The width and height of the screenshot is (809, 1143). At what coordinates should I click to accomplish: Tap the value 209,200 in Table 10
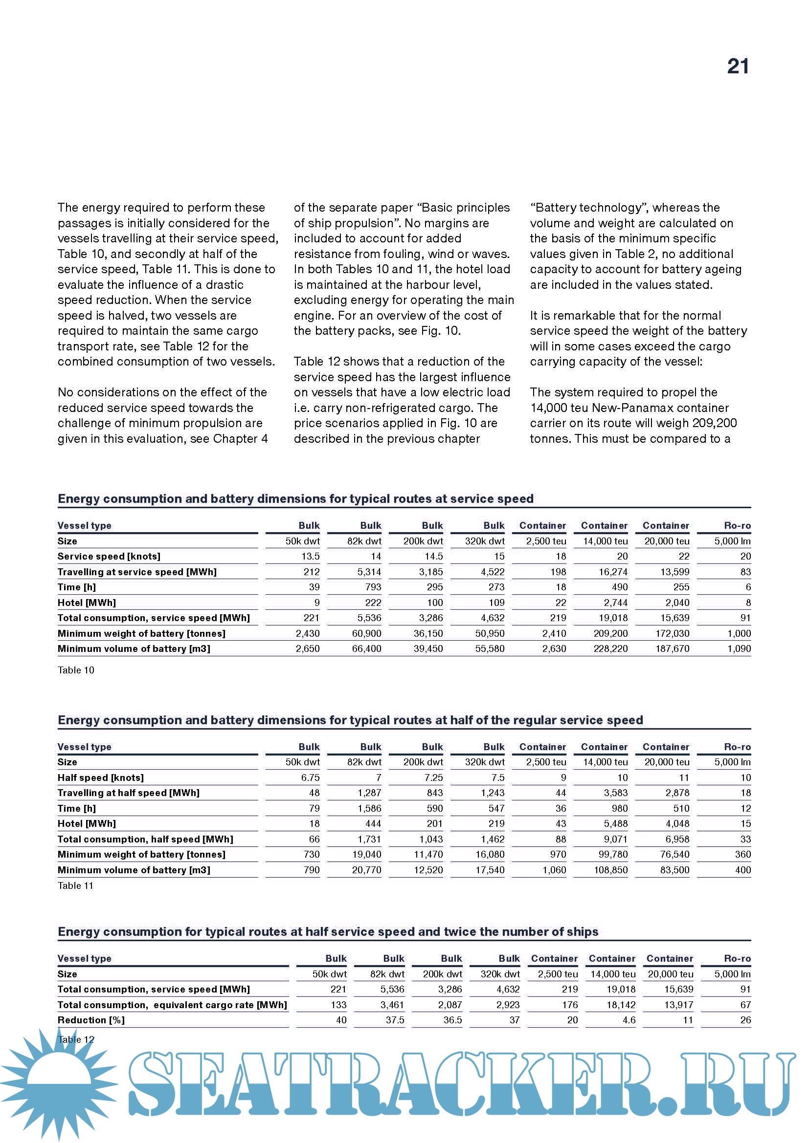[610, 633]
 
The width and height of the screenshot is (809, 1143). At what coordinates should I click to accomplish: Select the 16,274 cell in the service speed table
[613, 572]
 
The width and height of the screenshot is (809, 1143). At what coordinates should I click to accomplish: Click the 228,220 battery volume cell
[610, 648]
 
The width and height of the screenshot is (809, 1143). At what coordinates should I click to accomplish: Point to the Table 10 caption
[76, 670]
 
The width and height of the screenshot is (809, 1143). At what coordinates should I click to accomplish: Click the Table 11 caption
[75, 885]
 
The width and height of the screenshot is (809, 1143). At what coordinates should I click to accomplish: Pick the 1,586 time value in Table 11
[369, 808]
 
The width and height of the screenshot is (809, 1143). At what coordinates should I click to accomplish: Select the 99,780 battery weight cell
[613, 854]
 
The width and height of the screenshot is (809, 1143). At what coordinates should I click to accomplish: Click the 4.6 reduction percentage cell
[629, 1020]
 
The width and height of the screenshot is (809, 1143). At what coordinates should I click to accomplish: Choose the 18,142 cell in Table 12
[621, 1005]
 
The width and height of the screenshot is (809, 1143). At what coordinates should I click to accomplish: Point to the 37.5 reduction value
[395, 1020]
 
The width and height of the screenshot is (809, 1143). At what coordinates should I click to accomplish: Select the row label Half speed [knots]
[101, 777]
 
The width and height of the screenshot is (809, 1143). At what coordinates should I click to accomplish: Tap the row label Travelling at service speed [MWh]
[137, 572]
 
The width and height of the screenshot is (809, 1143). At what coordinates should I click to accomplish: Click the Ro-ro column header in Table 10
[737, 526]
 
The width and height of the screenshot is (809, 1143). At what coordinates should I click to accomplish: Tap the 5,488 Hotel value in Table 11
[617, 824]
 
